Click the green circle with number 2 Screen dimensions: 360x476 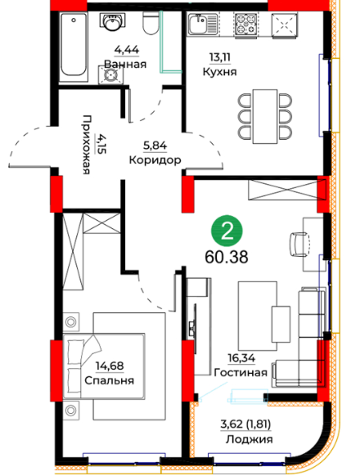tap(227, 231)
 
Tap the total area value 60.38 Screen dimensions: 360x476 tap(227, 258)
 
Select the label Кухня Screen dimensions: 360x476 tap(219, 72)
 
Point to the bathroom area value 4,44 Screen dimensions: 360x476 tap(127, 49)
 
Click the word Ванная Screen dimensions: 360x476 tap(125, 65)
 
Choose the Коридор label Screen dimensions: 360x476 tap(155, 159)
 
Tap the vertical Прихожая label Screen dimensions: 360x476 tap(87, 145)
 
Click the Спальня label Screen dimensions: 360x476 tap(110, 380)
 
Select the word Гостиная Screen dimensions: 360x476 tap(241, 372)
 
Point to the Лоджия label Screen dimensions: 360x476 tap(249, 439)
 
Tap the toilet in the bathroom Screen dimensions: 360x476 tap(151, 22)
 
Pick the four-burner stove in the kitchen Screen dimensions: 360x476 tap(245, 25)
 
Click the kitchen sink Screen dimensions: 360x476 tap(203, 25)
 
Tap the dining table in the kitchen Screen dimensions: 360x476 tap(265, 116)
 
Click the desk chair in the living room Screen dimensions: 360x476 tap(300, 245)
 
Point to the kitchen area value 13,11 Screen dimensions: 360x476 tap(219, 56)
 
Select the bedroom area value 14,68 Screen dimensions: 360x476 tap(110, 366)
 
